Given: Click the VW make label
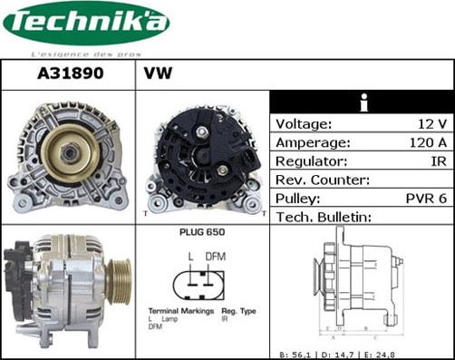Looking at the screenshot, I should pyautogui.click(x=158, y=73).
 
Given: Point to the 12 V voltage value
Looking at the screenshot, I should pyautogui.click(x=431, y=124).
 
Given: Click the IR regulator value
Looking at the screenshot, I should pyautogui.click(x=437, y=161).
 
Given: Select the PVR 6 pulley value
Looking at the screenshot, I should pyautogui.click(x=423, y=199).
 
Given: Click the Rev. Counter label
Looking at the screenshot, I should pyautogui.click(x=323, y=180).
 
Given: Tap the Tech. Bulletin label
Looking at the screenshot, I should pyautogui.click(x=324, y=217).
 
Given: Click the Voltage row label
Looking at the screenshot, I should pyautogui.click(x=303, y=124).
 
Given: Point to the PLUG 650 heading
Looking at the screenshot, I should pyautogui.click(x=202, y=233).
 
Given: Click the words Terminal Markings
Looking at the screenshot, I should pyautogui.click(x=174, y=311).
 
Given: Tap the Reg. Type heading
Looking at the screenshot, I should pyautogui.click(x=237, y=311).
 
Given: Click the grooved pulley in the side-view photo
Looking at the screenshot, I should pyautogui.click(x=117, y=280).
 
